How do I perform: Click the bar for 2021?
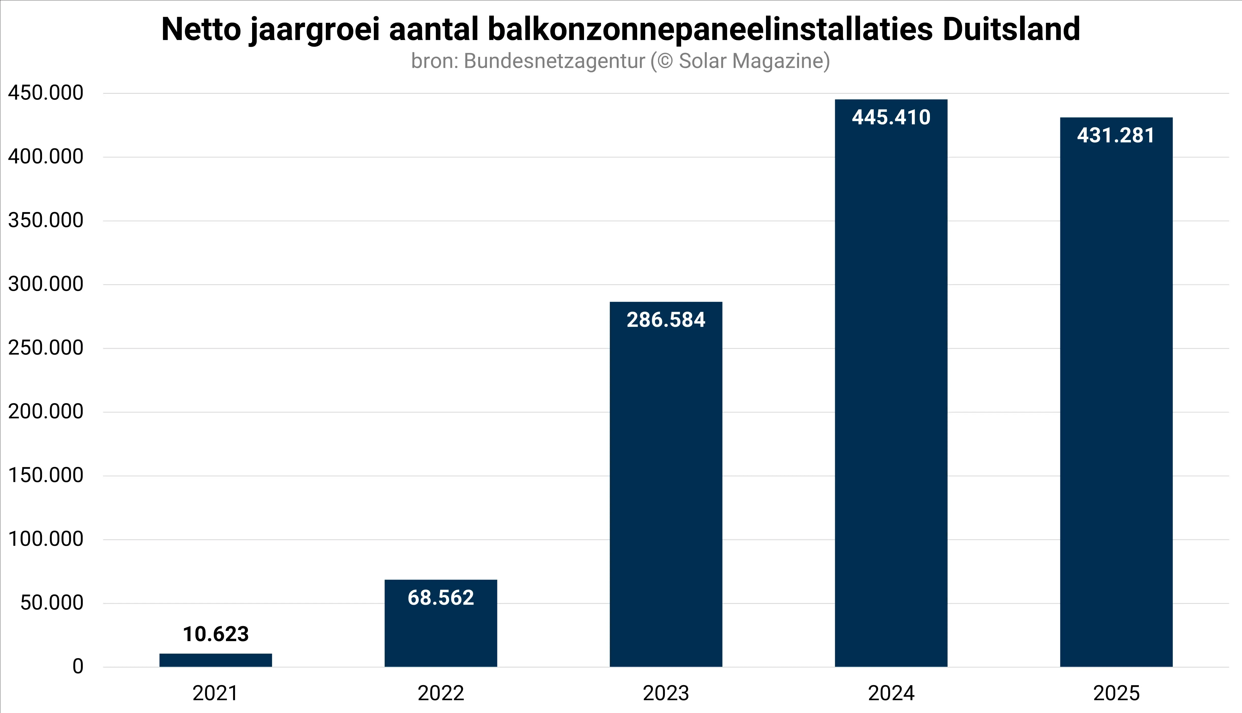click(216, 660)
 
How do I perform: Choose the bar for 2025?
click(1116, 402)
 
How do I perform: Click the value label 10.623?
click(216, 634)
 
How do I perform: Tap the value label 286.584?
click(666, 320)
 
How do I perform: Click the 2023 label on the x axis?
click(666, 693)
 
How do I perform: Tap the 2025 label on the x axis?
click(1116, 693)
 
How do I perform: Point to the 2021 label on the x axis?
click(216, 693)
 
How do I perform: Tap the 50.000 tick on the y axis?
click(51, 603)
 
